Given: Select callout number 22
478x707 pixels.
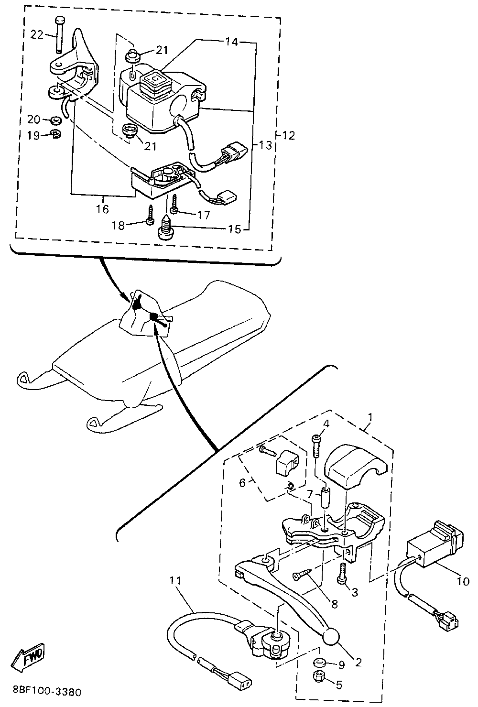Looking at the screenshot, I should tap(37, 34).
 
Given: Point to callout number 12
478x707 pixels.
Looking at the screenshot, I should tap(288, 135).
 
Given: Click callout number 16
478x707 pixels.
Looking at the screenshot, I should tap(102, 208).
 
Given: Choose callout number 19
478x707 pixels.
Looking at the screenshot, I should tap(33, 136).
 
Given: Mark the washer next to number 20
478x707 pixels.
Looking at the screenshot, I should tap(56, 120).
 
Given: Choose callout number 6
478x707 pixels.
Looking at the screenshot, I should tap(242, 483).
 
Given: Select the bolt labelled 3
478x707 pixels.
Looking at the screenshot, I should tap(342, 574).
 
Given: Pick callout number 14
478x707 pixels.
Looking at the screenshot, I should tap(232, 42).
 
